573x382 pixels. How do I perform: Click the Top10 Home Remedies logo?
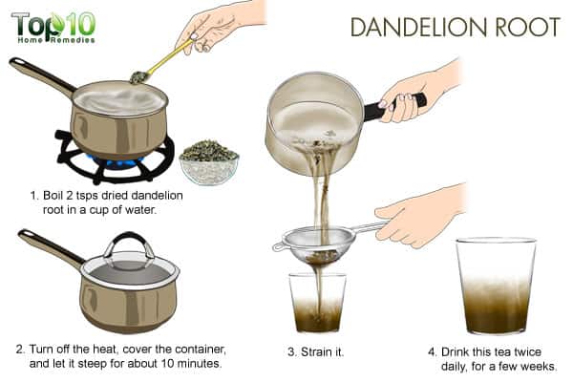53,28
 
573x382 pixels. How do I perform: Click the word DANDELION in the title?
414,27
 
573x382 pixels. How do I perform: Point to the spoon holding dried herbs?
160,62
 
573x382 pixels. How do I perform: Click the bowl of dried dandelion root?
209,162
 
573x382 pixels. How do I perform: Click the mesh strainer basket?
317,244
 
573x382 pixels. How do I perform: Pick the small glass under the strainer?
317,303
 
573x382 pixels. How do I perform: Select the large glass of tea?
496,286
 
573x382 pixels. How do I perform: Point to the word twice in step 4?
527,352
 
